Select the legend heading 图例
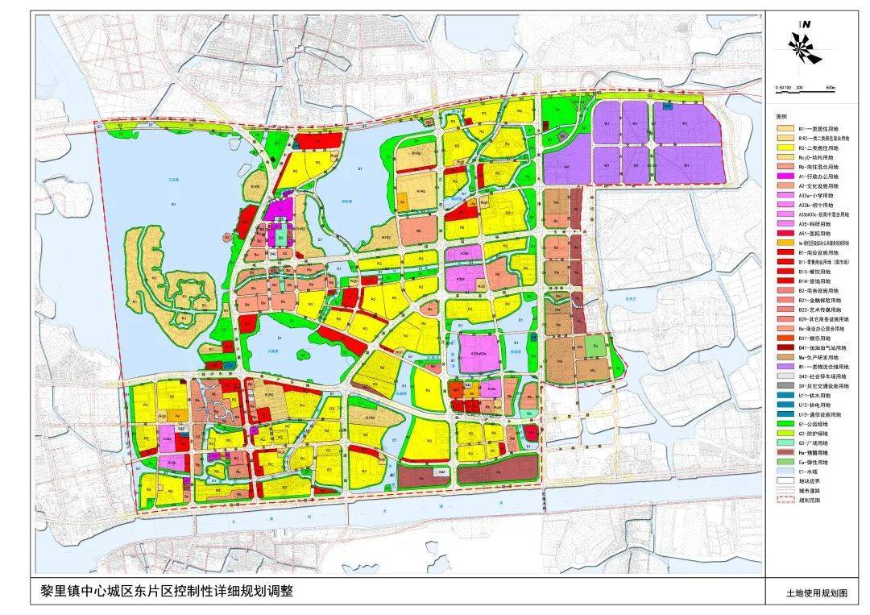781,115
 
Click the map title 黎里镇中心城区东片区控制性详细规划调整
161,592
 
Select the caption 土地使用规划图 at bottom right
817,593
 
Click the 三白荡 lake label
170,180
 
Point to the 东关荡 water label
619,298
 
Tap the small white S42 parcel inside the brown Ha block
440,470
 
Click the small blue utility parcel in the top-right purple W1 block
667,106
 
